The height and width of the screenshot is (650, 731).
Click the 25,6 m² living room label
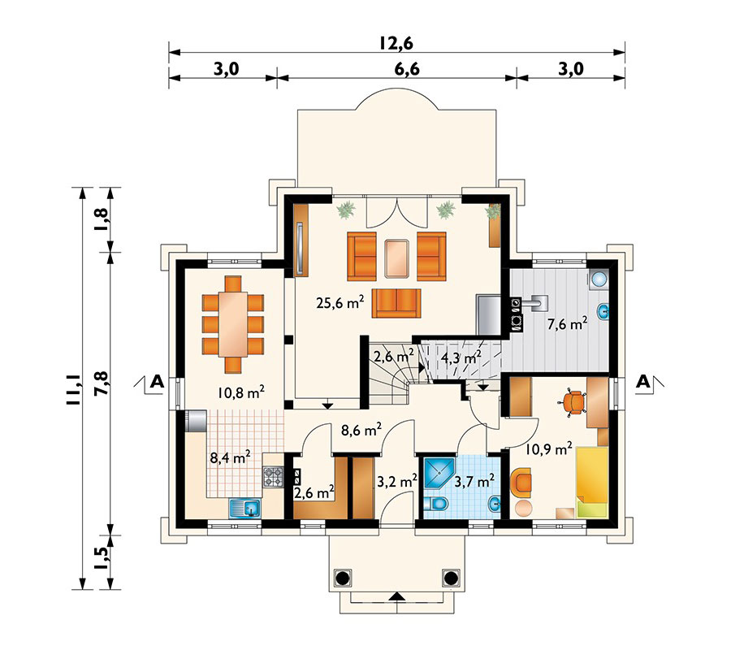[340, 303]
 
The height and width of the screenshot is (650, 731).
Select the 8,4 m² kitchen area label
[230, 457]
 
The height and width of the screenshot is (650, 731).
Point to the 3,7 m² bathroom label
[475, 481]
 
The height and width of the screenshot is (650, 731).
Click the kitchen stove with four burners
[272, 477]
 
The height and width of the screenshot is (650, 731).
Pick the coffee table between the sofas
[397, 258]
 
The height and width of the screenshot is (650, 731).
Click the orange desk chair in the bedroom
[574, 401]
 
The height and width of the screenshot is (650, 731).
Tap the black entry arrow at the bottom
[396, 597]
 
